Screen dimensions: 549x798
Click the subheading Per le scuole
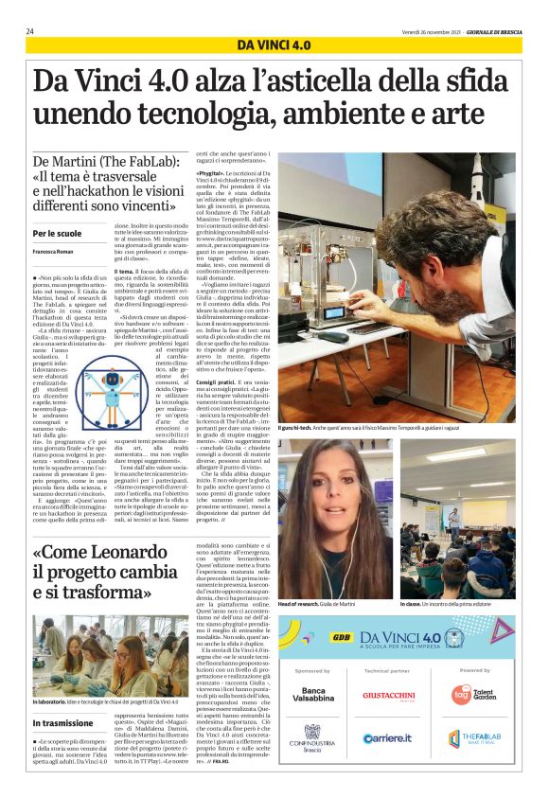tap(57, 234)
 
